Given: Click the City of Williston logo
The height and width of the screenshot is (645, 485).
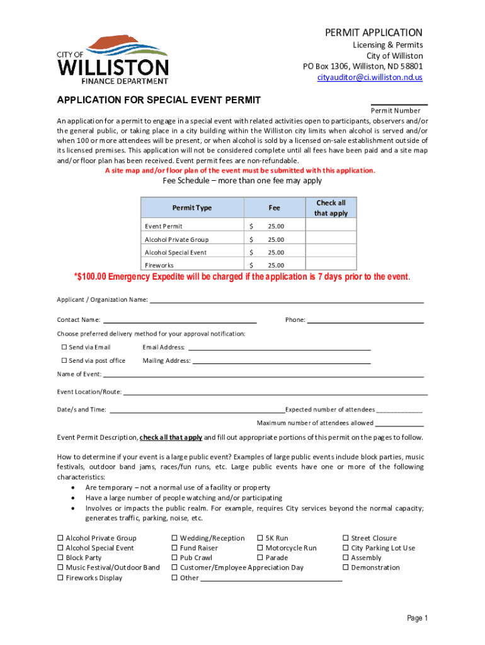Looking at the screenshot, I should [x=113, y=60].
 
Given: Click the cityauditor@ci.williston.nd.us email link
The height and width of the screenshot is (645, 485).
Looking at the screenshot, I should [x=370, y=77].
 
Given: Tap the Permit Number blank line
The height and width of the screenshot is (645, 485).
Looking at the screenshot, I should [x=399, y=103].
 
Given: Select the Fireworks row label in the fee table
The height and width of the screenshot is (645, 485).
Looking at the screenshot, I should [x=159, y=265].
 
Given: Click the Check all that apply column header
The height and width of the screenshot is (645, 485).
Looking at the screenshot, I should [x=331, y=208].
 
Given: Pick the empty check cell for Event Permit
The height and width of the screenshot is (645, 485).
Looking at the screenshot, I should [x=331, y=226].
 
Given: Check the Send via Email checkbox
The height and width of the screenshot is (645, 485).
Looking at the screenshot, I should [x=64, y=347].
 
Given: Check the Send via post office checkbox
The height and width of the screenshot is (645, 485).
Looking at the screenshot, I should [x=64, y=361].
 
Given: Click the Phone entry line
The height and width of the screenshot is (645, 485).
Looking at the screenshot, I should [x=365, y=322].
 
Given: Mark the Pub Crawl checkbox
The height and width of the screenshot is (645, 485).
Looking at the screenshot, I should [x=174, y=558].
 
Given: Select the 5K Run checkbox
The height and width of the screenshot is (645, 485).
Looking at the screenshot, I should [x=260, y=539].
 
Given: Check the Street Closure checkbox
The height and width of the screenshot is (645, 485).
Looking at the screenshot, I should [x=345, y=539].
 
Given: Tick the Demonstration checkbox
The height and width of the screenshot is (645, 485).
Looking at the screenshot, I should [x=345, y=568].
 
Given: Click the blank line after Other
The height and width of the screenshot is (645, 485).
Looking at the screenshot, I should [x=271, y=579].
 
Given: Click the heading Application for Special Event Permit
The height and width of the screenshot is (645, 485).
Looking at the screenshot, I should [x=159, y=100].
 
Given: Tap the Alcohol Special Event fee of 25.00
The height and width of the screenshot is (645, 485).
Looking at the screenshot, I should [x=275, y=253].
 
